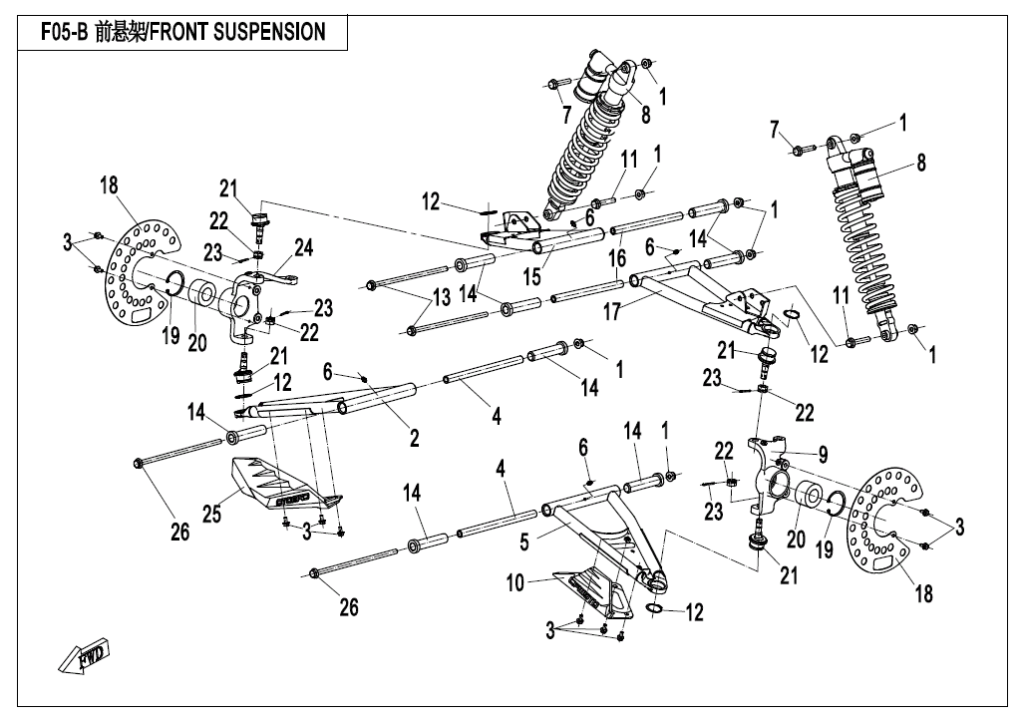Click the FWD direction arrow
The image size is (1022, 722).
83,656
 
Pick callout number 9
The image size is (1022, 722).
823,455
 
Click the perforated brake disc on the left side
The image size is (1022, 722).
146,269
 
